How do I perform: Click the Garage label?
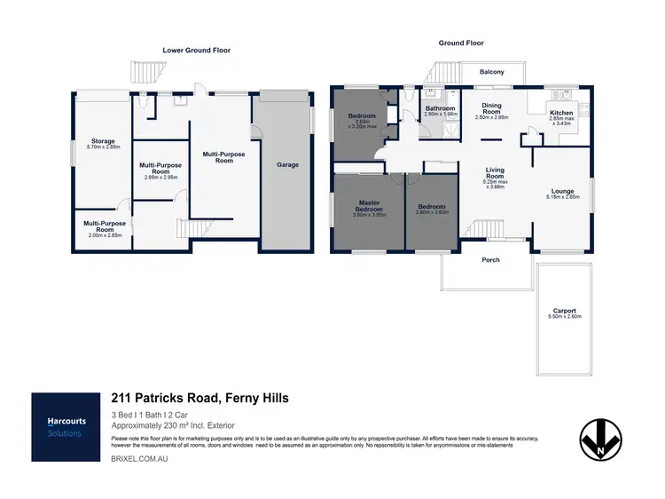pyautogui.click(x=287, y=164)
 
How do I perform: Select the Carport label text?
pyautogui.click(x=564, y=312)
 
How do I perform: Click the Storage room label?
pyautogui.click(x=102, y=141)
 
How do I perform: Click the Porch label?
pyautogui.click(x=490, y=260)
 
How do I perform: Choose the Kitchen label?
pyautogui.click(x=561, y=114)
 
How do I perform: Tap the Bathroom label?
pyautogui.click(x=440, y=109)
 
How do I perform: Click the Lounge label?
pyautogui.click(x=562, y=192)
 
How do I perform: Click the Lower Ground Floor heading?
pyautogui.click(x=196, y=51)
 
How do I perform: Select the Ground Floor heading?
pyautogui.click(x=460, y=43)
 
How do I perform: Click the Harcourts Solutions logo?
pyautogui.click(x=65, y=427)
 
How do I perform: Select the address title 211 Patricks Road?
pyautogui.click(x=199, y=399)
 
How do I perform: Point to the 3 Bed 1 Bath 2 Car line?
pyautogui.click(x=148, y=415)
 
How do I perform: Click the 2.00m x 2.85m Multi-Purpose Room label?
pyautogui.click(x=102, y=227)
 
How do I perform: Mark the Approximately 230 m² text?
pyautogui.click(x=172, y=425)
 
